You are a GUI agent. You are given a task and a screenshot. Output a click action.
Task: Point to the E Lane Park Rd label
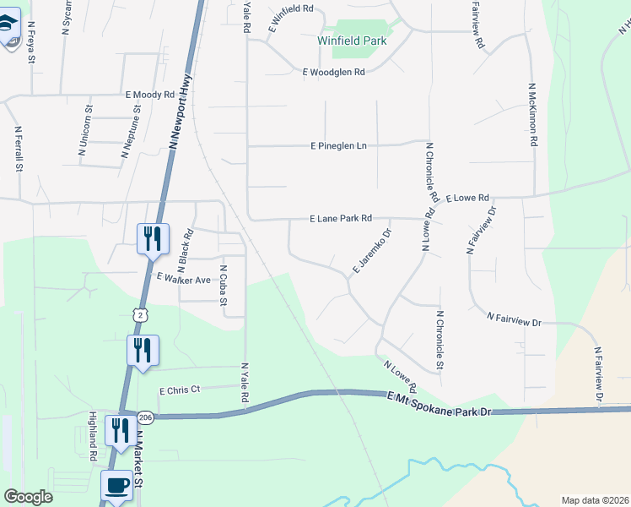[x=341, y=219]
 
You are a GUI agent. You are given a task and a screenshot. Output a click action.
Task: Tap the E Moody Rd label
[x=149, y=95]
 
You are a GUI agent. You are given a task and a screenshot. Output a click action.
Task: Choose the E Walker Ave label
[x=183, y=279]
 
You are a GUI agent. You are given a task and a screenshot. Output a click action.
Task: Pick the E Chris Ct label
[x=180, y=390]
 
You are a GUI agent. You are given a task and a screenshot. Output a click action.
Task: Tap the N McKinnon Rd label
[x=532, y=116]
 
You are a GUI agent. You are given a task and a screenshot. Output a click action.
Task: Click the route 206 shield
[x=145, y=417]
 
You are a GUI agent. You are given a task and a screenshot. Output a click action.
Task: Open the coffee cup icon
[x=116, y=487]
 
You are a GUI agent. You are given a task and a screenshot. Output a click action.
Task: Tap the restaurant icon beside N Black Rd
[x=153, y=238]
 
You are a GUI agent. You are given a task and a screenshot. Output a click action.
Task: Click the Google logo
[x=28, y=497]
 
